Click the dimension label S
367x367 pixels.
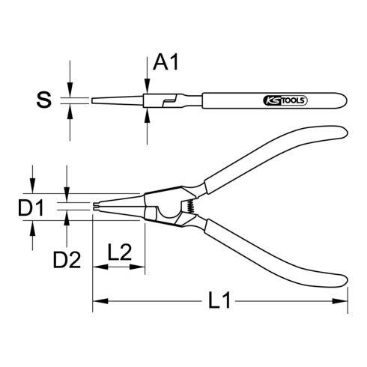[x=46, y=100]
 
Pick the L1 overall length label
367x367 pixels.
[x=218, y=303]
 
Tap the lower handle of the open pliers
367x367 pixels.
[x=277, y=247]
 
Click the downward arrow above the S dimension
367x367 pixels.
[x=70, y=92]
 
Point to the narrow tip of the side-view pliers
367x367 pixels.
[x=95, y=100]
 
